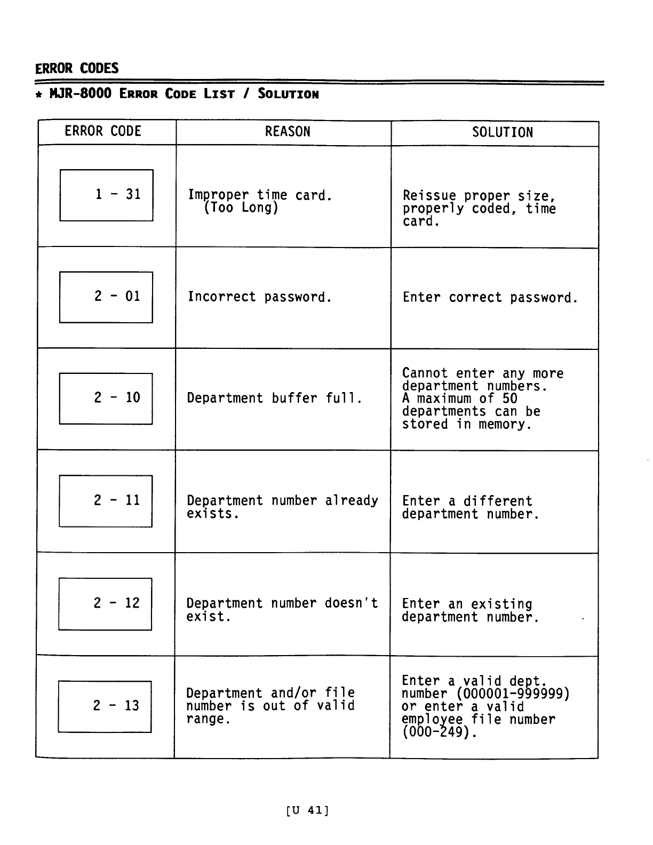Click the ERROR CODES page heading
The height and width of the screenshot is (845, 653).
pyautogui.click(x=77, y=68)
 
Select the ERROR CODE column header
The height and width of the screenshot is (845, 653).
pyautogui.click(x=103, y=131)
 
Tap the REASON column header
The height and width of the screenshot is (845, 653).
pyautogui.click(x=288, y=132)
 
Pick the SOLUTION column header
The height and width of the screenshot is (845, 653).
pyautogui.click(x=502, y=132)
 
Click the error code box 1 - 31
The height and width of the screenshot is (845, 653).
pyautogui.click(x=107, y=195)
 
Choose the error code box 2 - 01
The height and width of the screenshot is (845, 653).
pyautogui.click(x=106, y=297)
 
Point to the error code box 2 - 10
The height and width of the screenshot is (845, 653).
pyautogui.click(x=106, y=398)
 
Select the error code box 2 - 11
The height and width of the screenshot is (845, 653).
pyautogui.click(x=106, y=501)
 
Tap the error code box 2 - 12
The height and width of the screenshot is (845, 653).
pyautogui.click(x=105, y=604)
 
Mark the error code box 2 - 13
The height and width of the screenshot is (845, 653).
pyautogui.click(x=105, y=706)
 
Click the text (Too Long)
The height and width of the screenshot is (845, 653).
pyautogui.click(x=241, y=208)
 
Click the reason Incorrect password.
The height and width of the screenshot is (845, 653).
pyautogui.click(x=260, y=297)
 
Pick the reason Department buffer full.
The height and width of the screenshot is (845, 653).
pyautogui.click(x=275, y=398)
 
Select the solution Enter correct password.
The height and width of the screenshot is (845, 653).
pyautogui.click(x=490, y=298)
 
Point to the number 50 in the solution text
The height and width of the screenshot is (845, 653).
pyautogui.click(x=509, y=399)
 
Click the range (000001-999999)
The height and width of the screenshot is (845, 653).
pyautogui.click(x=513, y=694)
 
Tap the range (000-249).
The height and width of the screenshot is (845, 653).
pyautogui.click(x=439, y=732)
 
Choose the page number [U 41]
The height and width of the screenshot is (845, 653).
pyautogui.click(x=308, y=810)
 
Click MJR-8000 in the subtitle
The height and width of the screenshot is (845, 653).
pyautogui.click(x=81, y=94)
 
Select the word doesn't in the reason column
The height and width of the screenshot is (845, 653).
pyautogui.click(x=351, y=603)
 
